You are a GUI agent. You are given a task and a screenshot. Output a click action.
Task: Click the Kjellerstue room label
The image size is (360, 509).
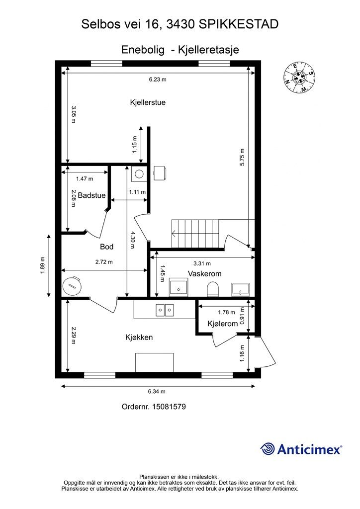point(148,102)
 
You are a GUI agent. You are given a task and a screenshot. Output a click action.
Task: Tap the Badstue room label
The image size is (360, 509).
point(91,195)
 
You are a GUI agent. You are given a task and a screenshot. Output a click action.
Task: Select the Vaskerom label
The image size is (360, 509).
point(204,274)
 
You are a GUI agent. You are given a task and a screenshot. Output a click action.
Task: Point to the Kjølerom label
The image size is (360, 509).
point(223,324)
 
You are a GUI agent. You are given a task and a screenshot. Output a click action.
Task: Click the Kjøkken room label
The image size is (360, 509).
point(139,338)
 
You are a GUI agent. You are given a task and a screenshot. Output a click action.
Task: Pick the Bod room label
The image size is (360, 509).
point(106,247)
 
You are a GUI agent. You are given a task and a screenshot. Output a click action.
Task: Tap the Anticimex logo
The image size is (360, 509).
point(301,449)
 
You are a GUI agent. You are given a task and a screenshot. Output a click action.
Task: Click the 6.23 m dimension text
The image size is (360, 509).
point(158,80)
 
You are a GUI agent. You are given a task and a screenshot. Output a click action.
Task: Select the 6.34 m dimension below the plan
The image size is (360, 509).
point(157,392)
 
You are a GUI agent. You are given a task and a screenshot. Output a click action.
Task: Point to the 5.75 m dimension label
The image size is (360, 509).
point(242,158)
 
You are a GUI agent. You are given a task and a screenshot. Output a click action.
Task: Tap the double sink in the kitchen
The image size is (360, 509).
point(165,310)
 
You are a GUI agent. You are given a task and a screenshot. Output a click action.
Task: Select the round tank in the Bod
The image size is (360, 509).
point(72,286)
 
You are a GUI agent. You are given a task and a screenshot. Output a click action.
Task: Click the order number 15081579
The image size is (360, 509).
point(169,407)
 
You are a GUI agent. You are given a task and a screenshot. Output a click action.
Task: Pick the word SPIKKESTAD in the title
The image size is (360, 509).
point(238,24)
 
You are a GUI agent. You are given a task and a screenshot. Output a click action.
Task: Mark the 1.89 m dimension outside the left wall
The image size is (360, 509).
point(42,265)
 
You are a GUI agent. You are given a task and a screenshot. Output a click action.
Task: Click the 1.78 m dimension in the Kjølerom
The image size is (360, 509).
point(226,313)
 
